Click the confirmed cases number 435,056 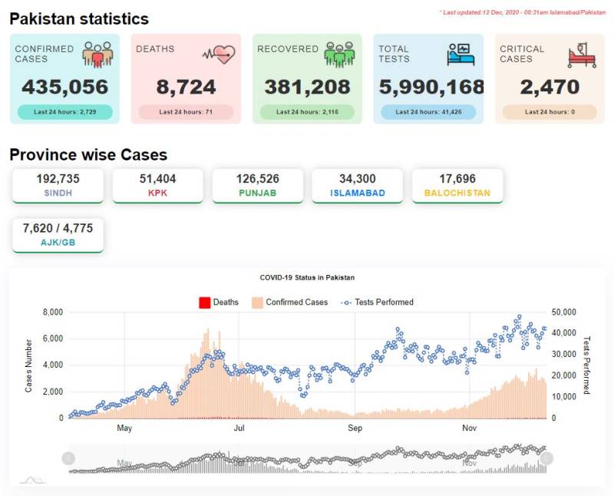pos(65,87)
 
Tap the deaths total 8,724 pos(186,87)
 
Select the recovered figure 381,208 pos(308,87)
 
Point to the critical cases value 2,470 pos(550,87)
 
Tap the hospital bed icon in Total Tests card pos(460,54)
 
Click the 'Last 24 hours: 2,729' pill pos(65,112)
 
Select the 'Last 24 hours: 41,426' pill pos(428,112)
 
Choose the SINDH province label pos(58,193)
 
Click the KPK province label pos(158,193)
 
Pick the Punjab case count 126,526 pos(258,179)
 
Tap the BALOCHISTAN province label pos(457,193)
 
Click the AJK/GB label pos(58,243)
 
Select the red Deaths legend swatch pos(205,303)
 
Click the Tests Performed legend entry pos(377,303)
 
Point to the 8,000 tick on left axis pos(53,312)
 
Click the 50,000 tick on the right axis pos(564,312)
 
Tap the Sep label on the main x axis pos(355,428)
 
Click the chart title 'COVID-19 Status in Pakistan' pos(308,278)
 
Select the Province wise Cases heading pos(88,155)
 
